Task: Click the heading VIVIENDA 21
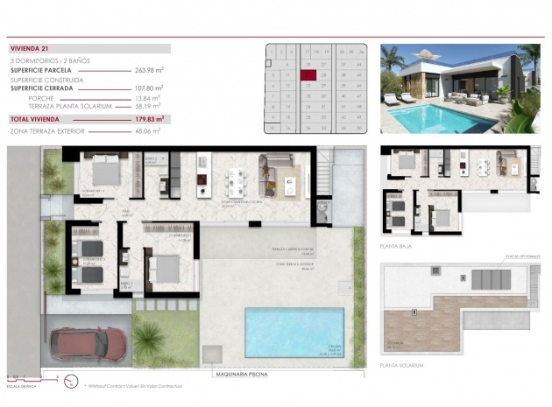tap(31, 48)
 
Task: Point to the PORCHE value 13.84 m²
tap(147, 98)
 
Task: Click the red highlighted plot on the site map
tap(308, 75)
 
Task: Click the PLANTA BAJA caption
tap(397, 246)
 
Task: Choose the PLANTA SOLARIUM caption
tap(402, 365)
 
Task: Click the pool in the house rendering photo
tap(428, 114)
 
